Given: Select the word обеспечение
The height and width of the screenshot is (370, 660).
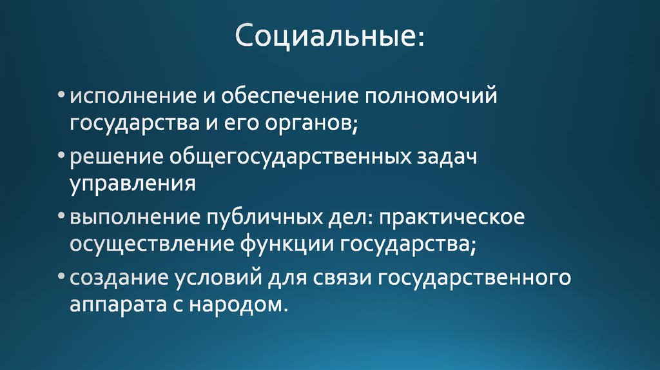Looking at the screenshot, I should pos(291,97).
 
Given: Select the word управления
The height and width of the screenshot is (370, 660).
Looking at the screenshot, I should pos(133,184).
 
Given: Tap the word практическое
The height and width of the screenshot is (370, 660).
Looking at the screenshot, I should pos(452,218).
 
